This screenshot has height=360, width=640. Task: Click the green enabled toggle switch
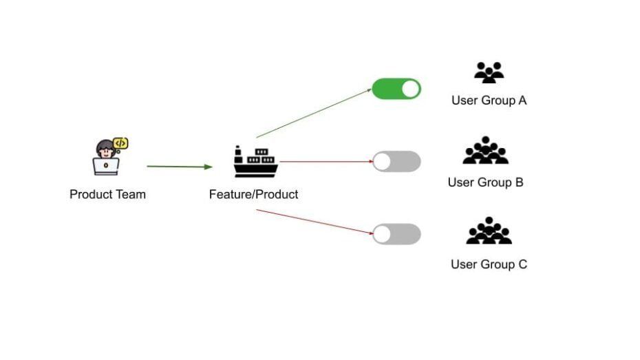pos(396,89)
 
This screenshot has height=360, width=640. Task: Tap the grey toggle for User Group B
pos(396,162)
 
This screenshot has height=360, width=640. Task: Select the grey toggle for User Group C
pos(396,234)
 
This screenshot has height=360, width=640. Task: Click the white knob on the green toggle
pos(410,89)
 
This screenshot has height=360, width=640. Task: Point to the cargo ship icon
pos(255,162)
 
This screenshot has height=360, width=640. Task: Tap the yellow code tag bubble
pos(120,143)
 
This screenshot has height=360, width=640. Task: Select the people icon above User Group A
pos(489,72)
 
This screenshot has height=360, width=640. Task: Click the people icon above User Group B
pos(485,151)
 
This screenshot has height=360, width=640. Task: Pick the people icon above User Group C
pos(489,231)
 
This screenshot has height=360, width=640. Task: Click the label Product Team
pos(107,194)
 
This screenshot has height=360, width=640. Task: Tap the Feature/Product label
pos(253,194)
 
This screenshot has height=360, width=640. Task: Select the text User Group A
pos(489,100)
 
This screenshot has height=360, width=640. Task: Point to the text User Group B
pos(485,182)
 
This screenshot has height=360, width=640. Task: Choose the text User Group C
pos(489,264)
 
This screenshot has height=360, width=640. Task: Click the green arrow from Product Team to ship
pos(179,166)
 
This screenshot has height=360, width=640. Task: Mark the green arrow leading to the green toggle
pos(314,113)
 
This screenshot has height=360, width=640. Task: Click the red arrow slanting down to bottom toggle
pos(314,222)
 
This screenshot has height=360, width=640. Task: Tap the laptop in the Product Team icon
pos(106,167)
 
